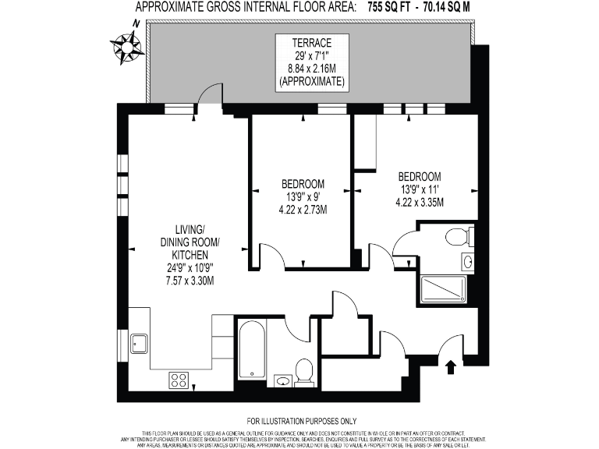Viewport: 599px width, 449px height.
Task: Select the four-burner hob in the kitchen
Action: click(x=179, y=380)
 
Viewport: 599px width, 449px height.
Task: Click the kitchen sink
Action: click(x=140, y=343)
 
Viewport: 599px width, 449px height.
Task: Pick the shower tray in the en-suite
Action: click(x=443, y=288)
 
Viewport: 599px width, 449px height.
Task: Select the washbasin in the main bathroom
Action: click(x=282, y=380)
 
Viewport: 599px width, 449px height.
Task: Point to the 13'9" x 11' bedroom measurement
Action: click(x=420, y=189)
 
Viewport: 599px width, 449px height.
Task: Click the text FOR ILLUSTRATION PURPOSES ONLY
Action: click(x=299, y=422)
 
